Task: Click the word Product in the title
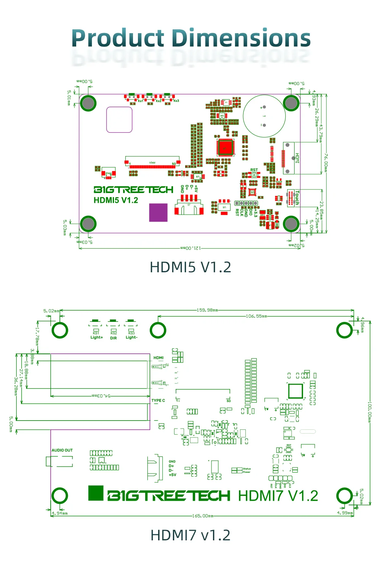coord(117,39)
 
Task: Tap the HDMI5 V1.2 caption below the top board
coord(190,267)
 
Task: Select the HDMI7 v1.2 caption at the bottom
coord(190,535)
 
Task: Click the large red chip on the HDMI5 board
coord(225,147)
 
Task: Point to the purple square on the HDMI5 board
coord(158,212)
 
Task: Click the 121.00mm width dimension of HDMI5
coord(190,248)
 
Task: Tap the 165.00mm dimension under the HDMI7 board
coord(203,516)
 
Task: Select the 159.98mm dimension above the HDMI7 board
coord(207,310)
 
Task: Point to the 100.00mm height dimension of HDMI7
coord(369,411)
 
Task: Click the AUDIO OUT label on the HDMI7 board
coord(62,450)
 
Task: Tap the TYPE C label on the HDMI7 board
coord(158,400)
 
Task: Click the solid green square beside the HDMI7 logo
coord(96,493)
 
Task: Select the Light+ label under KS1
coord(96,337)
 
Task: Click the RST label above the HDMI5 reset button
coord(254,170)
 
